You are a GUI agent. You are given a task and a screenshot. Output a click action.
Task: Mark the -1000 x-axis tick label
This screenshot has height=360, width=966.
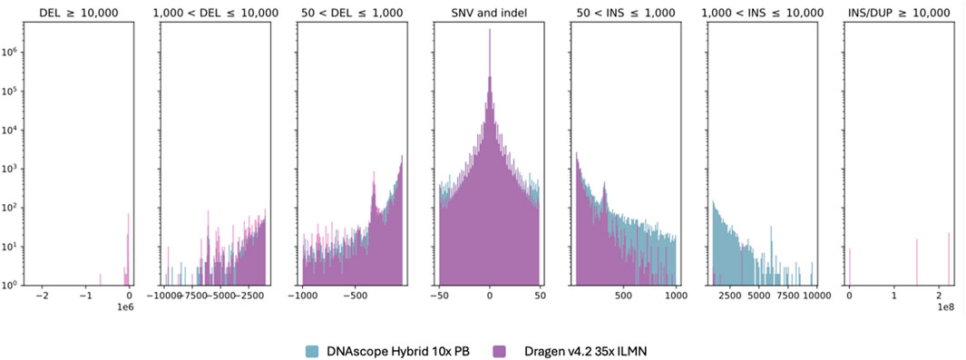coord(302,297)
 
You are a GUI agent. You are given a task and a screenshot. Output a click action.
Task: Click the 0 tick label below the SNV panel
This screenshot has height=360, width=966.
coord(489,297)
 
